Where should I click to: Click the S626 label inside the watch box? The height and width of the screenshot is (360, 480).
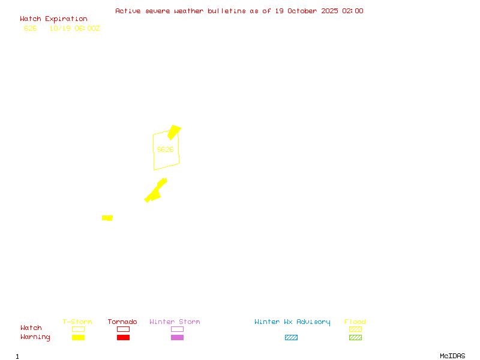(165, 149)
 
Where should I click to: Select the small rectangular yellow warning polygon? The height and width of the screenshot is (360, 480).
(107, 218)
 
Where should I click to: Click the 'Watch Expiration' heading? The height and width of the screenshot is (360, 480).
(53, 19)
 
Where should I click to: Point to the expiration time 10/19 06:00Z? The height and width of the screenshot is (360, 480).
(74, 28)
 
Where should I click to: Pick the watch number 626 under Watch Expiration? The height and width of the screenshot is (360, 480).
(31, 28)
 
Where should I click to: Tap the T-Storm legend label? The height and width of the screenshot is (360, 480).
(77, 322)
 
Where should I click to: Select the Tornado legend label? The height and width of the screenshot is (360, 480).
(122, 322)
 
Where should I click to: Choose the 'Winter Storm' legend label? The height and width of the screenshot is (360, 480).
(175, 322)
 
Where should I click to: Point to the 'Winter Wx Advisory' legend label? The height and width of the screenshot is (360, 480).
(292, 322)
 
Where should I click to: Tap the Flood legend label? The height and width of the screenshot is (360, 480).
(355, 322)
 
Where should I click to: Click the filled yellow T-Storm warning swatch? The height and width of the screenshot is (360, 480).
(78, 338)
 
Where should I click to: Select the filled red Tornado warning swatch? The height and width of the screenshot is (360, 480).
(123, 338)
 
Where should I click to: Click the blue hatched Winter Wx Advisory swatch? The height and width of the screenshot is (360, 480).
(291, 338)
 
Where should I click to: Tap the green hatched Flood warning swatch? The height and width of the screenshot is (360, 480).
(355, 338)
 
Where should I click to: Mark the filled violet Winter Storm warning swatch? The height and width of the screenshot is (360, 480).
(177, 338)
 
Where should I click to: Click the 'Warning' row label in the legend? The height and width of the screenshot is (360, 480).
(35, 337)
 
